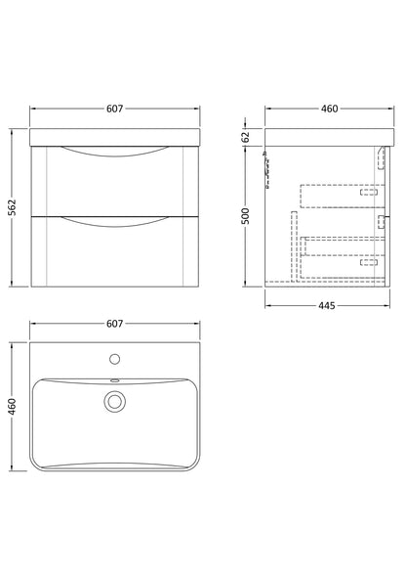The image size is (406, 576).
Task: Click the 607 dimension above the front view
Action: (x=115, y=109)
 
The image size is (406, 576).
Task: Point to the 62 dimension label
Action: (x=246, y=136)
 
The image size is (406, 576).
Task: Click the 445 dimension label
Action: (x=326, y=306)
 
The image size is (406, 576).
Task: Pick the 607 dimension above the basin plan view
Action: (x=115, y=323)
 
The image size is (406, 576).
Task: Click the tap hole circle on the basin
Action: (x=115, y=358)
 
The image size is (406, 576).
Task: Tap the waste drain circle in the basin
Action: (x=115, y=400)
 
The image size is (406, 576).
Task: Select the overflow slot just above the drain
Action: (x=115, y=381)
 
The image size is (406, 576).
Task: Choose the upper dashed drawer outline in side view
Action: (x=337, y=196)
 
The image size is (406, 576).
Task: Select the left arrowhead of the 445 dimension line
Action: (x=268, y=306)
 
